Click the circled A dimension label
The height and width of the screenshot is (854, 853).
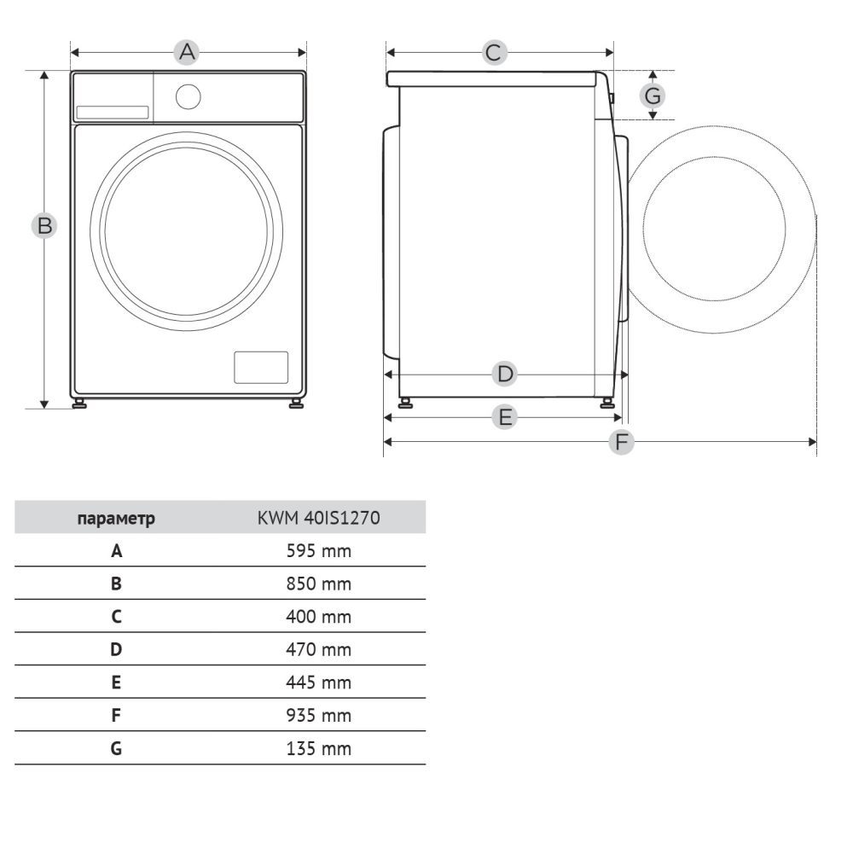click(x=186, y=52)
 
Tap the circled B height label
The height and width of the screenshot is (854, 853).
click(x=44, y=225)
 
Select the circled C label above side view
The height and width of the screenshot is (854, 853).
click(x=495, y=52)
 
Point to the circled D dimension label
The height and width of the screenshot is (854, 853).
click(x=504, y=375)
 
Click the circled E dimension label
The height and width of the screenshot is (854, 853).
click(x=504, y=417)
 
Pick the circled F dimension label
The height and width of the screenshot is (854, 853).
click(x=622, y=441)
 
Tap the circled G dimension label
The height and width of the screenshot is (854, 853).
click(x=653, y=96)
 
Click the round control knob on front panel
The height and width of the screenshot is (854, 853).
click(x=189, y=97)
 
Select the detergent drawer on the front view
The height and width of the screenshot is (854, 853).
click(x=113, y=113)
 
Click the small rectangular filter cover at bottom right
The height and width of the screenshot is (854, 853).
click(x=261, y=367)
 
